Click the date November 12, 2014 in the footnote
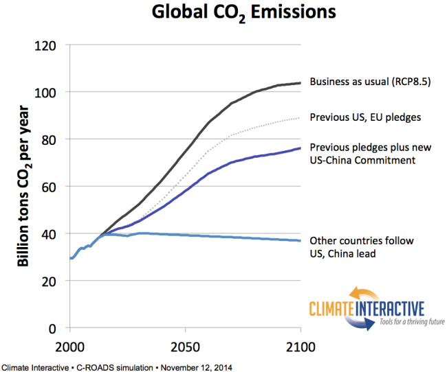[x=195, y=367]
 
